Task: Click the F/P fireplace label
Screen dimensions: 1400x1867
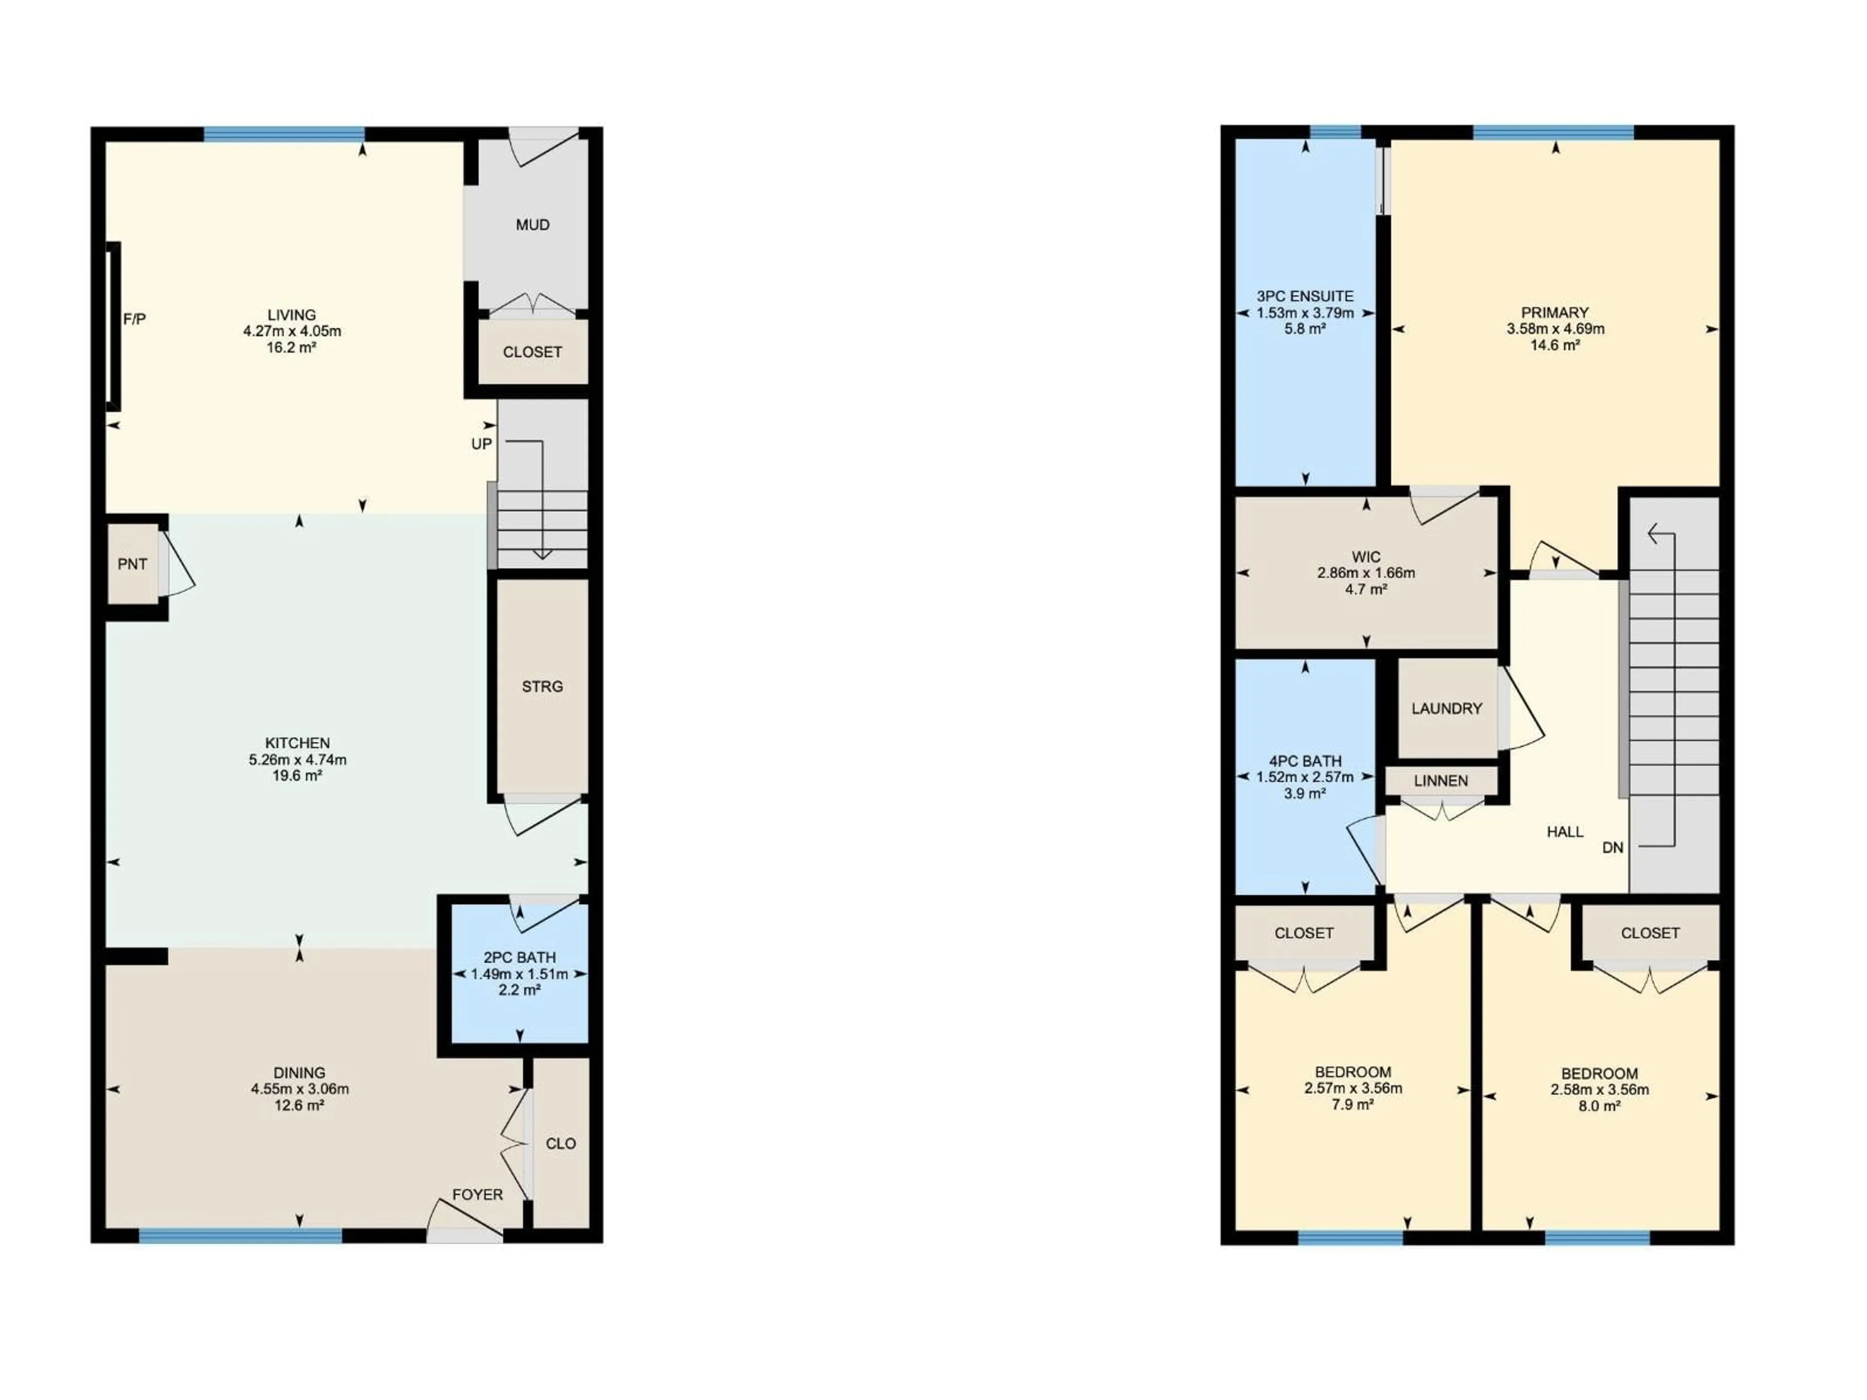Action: (134, 319)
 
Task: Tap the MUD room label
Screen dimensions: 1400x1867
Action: (532, 225)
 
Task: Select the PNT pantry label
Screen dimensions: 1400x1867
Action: (133, 564)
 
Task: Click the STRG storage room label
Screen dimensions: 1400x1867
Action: (542, 686)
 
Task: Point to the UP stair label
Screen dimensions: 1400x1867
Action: (481, 444)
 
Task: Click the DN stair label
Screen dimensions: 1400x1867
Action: (1612, 847)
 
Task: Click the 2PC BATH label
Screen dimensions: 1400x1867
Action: (519, 957)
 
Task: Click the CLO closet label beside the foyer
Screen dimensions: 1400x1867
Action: (561, 1143)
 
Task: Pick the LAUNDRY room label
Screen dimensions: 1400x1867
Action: (1446, 708)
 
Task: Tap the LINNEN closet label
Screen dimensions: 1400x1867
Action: (1441, 781)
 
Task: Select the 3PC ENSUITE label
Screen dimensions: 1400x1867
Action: (1305, 296)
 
